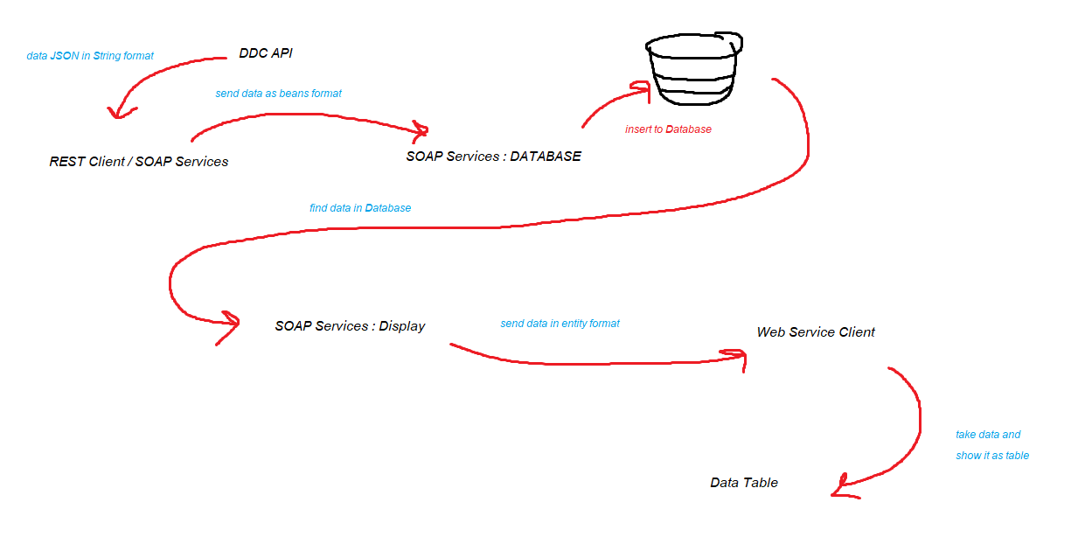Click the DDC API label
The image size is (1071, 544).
(266, 53)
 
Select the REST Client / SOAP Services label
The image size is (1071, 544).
(139, 162)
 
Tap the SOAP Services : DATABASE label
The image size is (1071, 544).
(493, 157)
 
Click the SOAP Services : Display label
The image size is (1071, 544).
(350, 326)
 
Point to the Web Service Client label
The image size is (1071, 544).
(816, 332)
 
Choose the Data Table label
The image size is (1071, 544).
(744, 483)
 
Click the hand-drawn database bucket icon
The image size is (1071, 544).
(694, 68)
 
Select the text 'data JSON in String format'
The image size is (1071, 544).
(90, 56)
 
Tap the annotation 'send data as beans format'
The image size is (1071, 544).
(278, 94)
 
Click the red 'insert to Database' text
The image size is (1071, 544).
(668, 129)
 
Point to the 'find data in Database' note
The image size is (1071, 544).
(360, 208)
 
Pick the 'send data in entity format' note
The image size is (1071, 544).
(560, 324)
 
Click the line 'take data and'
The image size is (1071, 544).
(988, 435)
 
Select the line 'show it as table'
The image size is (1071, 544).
(992, 456)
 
